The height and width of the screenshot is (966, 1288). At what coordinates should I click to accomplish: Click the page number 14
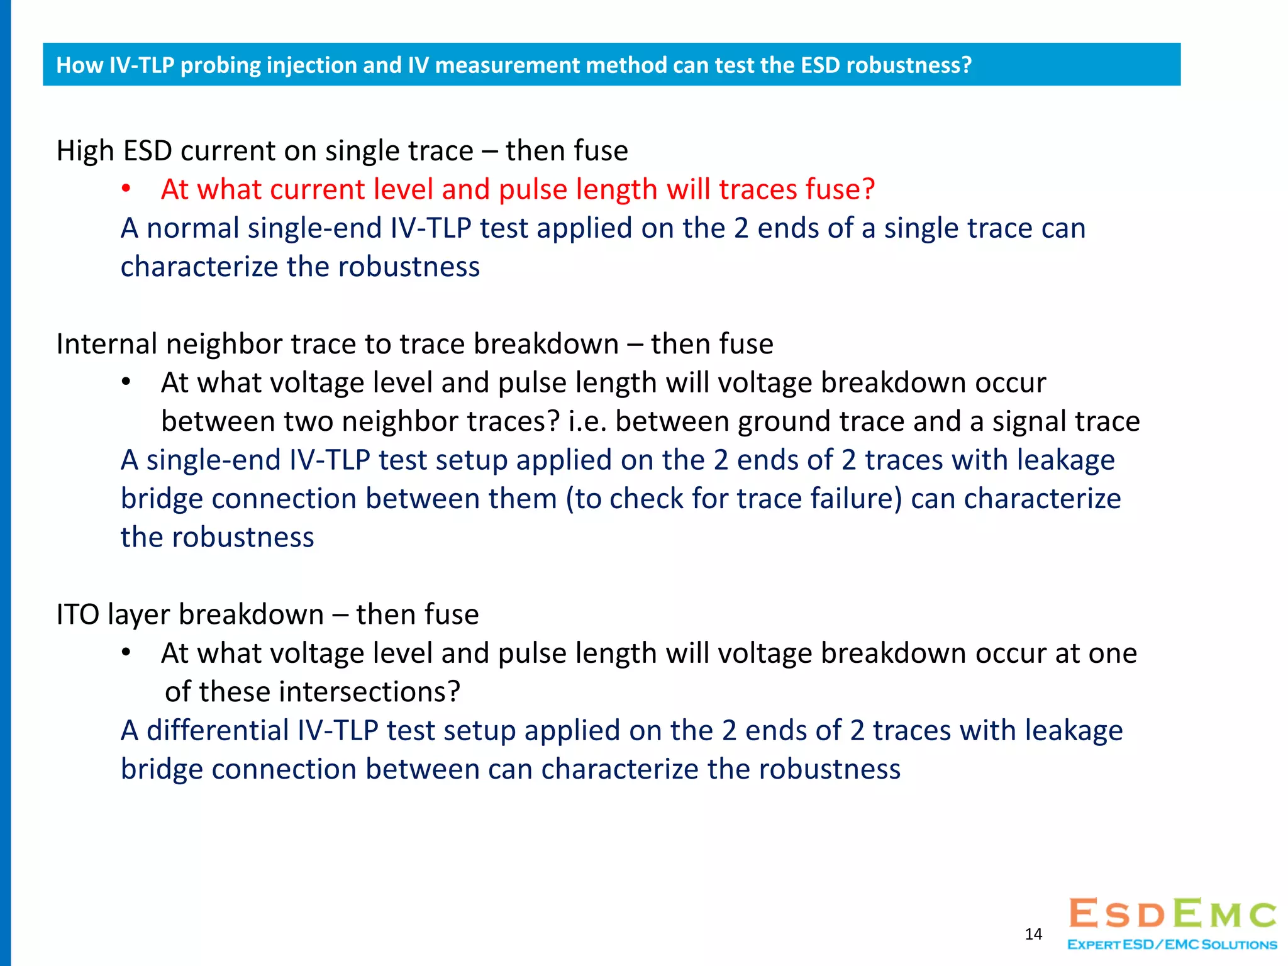pyautogui.click(x=1033, y=934)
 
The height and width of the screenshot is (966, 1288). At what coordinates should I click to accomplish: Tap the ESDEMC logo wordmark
pyautogui.click(x=1173, y=914)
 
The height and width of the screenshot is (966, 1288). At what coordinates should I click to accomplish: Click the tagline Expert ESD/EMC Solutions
pyautogui.click(x=1172, y=945)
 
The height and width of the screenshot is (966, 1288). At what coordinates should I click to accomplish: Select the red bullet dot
pyautogui.click(x=126, y=189)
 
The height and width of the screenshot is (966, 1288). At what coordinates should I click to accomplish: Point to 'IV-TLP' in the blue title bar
pyautogui.click(x=142, y=65)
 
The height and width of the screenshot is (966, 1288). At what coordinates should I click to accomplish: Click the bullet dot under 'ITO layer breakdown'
pyautogui.click(x=126, y=653)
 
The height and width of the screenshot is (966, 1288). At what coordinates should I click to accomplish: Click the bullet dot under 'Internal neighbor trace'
pyautogui.click(x=126, y=382)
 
